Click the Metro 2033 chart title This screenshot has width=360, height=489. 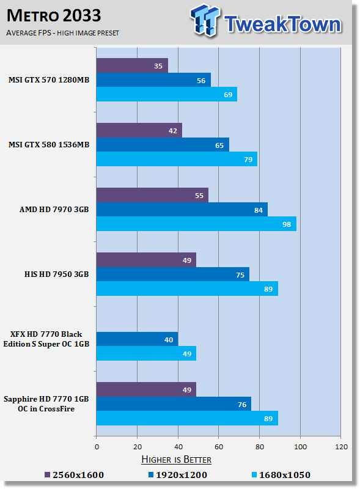tap(54, 16)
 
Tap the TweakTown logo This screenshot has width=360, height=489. tap(266, 21)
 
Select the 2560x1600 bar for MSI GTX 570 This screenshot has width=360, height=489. tap(132, 65)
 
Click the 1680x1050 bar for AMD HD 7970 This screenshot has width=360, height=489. tap(196, 224)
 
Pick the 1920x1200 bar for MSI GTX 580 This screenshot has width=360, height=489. tap(163, 145)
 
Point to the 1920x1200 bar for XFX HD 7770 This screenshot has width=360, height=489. tap(138, 339)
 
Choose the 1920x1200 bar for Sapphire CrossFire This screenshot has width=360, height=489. tap(174, 404)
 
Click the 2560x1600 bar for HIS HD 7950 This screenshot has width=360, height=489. tap(146, 260)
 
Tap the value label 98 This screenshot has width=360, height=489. tap(287, 224)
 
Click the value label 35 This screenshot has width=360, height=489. tap(158, 66)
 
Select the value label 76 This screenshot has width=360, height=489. tap(242, 405)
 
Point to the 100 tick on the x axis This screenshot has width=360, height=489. tap(301, 447)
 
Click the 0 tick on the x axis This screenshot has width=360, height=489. tap(97, 447)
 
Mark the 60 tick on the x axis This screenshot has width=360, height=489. tap(219, 447)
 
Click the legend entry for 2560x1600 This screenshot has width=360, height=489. tap(74, 475)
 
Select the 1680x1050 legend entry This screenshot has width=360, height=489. tap(281, 475)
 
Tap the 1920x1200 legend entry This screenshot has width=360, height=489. tap(178, 475)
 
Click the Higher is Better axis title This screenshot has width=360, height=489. tap(176, 460)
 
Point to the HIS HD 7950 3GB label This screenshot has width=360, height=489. tap(56, 274)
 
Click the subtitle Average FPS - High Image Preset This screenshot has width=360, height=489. tap(63, 33)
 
